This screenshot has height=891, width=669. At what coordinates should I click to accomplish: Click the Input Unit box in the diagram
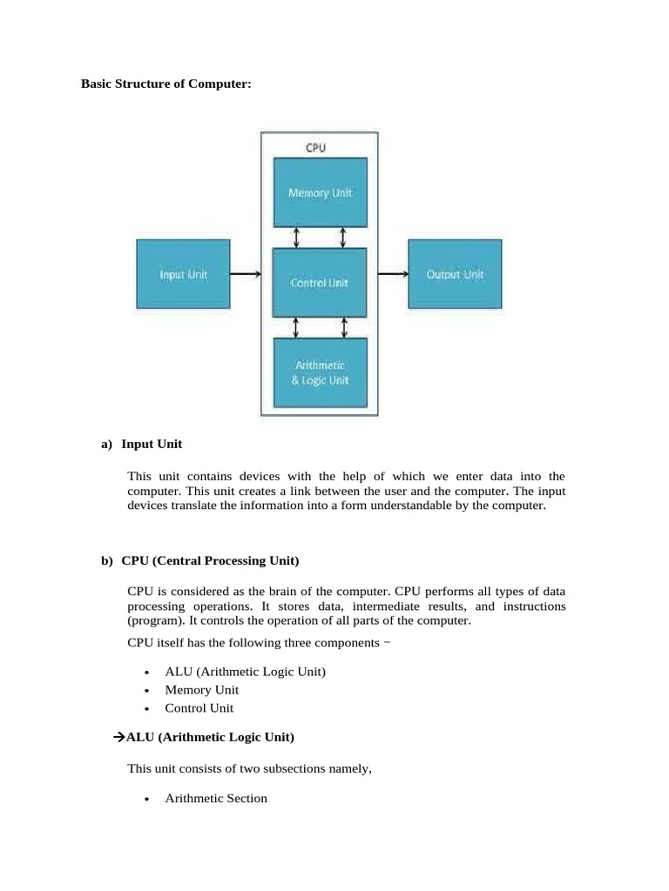click(x=183, y=274)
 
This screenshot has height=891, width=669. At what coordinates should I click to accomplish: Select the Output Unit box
click(x=454, y=274)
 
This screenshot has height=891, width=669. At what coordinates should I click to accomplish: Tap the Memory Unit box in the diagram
click(x=320, y=192)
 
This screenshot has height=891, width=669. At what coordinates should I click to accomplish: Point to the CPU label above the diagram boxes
click(x=315, y=147)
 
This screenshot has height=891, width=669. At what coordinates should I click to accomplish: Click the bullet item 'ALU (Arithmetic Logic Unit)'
click(x=245, y=672)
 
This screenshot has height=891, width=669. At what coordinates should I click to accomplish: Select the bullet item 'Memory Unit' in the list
click(x=201, y=690)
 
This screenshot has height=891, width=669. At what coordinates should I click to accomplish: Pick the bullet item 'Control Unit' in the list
click(x=199, y=708)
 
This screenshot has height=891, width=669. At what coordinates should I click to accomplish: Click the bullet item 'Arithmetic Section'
click(x=216, y=798)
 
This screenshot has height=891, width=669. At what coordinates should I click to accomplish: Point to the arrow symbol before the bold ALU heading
click(x=120, y=738)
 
